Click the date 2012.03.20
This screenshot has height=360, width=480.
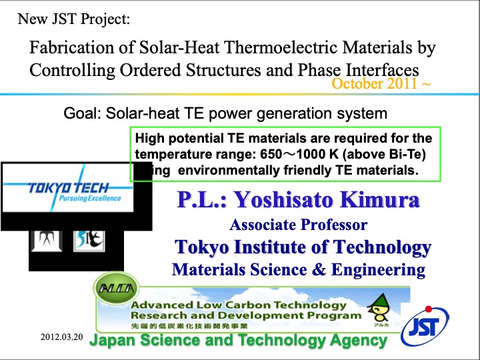61,337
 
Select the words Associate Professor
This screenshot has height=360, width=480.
298,225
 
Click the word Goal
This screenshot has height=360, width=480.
80,113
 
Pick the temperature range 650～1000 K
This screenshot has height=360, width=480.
321,155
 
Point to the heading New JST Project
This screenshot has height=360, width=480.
74,19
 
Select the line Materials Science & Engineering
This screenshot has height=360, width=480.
298,269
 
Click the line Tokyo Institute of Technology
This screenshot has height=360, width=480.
303,247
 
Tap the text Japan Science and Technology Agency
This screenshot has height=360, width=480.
238,341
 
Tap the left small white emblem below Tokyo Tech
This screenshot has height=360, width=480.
46,238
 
